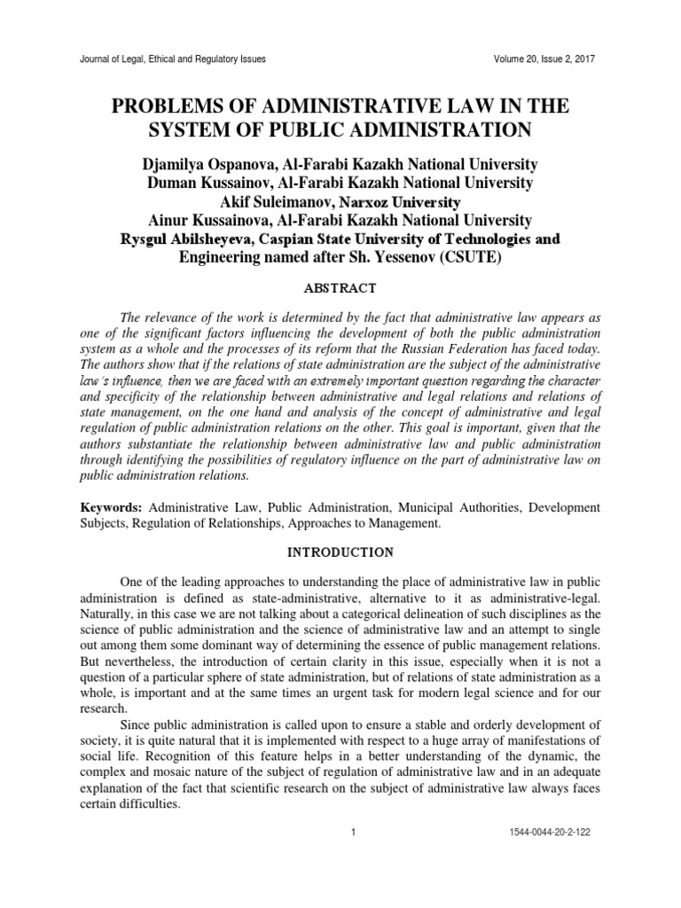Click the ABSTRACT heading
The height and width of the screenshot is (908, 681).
coord(340,288)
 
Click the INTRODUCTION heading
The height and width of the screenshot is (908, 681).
coord(340,552)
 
